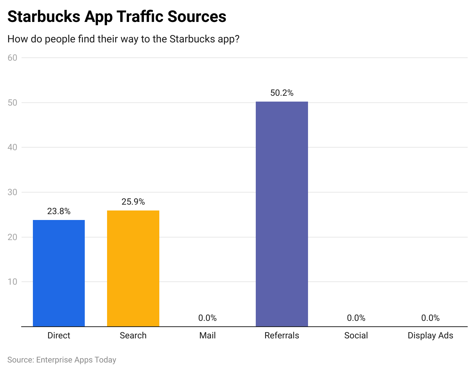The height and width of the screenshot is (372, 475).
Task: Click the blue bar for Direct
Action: (x=59, y=273)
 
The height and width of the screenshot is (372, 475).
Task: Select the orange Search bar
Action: (x=133, y=268)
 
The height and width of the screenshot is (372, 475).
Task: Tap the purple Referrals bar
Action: (x=282, y=214)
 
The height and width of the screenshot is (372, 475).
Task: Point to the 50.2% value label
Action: (x=282, y=93)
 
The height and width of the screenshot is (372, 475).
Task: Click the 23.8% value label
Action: (x=59, y=211)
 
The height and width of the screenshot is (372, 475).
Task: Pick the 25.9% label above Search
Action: (x=133, y=202)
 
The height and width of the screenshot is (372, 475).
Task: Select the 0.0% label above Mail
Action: (x=208, y=318)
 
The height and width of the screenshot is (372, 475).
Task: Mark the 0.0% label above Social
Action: (x=356, y=318)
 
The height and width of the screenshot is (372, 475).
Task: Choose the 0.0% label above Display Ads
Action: (x=430, y=318)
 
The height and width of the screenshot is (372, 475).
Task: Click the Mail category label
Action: (x=208, y=335)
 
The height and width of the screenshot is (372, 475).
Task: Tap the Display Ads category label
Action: (x=430, y=335)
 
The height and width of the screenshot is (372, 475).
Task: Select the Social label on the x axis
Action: (x=356, y=335)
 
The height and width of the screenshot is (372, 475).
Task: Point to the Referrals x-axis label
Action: (x=282, y=335)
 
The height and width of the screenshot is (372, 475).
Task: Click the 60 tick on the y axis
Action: (x=12, y=58)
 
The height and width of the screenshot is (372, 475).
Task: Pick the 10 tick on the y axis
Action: (x=12, y=282)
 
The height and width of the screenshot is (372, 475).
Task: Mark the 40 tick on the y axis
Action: (x=12, y=147)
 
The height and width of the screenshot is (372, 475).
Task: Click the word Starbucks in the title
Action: (x=43, y=17)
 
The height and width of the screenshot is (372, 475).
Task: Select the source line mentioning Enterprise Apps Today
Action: (x=62, y=360)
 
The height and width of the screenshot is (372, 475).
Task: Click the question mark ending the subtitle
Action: (x=237, y=39)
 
